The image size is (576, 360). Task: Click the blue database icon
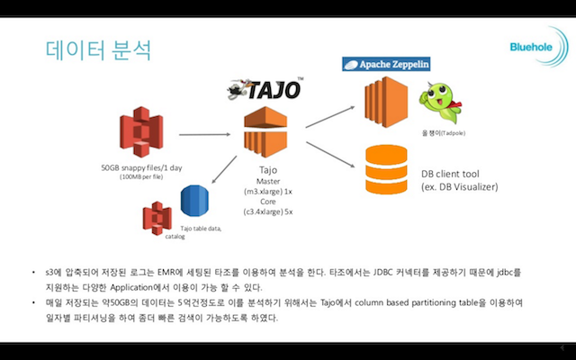194,202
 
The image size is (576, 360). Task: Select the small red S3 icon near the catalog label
157,217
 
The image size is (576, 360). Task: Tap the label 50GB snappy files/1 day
140,168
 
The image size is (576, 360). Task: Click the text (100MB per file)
140,178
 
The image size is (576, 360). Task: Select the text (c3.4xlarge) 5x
268,211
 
